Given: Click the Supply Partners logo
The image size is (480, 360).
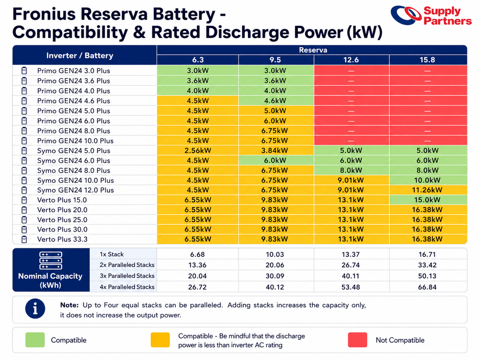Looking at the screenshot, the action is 431,15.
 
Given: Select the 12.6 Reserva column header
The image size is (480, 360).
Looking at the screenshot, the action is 351,60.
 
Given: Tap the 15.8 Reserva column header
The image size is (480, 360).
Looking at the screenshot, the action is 427,60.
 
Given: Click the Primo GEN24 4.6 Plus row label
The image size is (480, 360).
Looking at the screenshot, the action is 74,101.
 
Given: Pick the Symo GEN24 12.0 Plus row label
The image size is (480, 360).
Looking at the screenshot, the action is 75,190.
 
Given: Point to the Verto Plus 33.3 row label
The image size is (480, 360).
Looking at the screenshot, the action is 62,239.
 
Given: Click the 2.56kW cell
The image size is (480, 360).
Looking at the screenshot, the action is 198,150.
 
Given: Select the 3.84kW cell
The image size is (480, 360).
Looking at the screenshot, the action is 275,150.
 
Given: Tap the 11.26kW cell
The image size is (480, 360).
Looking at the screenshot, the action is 427,190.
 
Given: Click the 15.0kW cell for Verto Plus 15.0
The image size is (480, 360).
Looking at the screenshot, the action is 427,200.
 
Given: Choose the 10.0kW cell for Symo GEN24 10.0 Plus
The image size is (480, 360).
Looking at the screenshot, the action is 427,180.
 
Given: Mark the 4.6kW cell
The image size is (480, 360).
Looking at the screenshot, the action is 275,101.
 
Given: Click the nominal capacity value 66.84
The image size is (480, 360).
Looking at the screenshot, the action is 427,287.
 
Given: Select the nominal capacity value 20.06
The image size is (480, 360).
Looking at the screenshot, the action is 275,265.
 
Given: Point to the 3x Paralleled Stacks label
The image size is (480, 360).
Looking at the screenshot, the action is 127,276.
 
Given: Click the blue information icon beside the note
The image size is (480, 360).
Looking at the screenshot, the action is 35,308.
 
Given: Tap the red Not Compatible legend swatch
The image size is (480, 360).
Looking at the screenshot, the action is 358,340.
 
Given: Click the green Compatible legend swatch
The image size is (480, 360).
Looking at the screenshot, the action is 35,340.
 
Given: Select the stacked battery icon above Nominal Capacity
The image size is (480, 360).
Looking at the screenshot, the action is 51,261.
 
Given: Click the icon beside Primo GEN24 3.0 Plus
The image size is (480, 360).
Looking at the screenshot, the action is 24,71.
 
